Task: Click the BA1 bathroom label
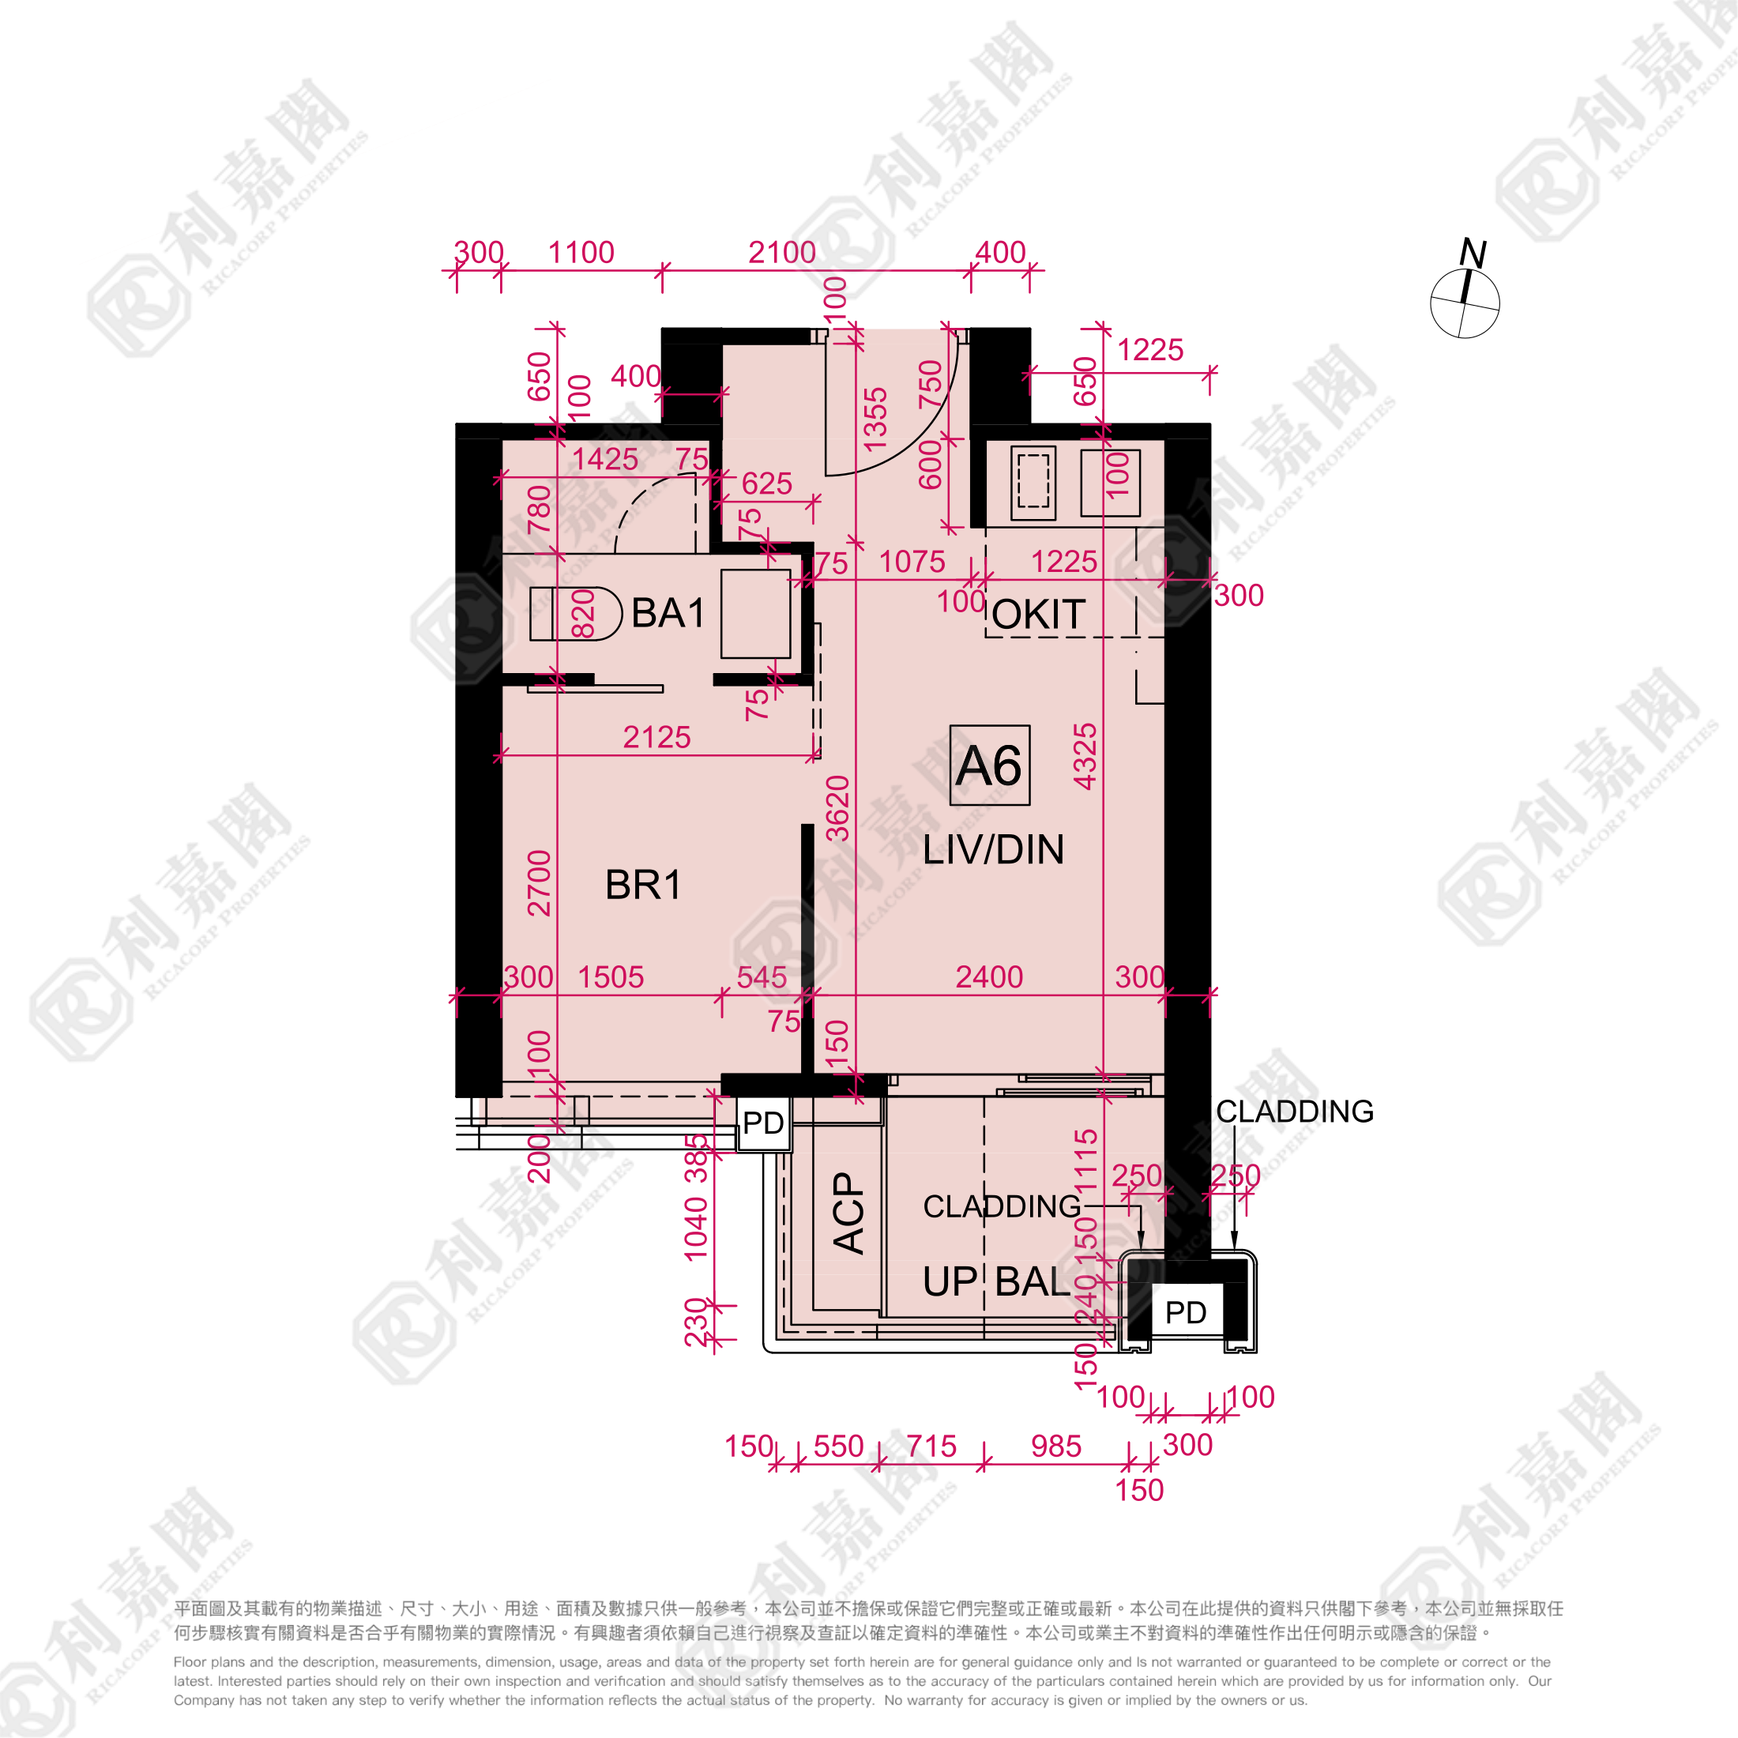coord(668,614)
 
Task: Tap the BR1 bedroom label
coord(642,885)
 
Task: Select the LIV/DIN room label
coord(993,850)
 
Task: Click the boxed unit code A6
coord(990,766)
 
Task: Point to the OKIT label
coord(1039,615)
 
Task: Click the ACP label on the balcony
coord(849,1213)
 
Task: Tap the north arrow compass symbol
coord(1465,299)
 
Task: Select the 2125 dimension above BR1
coord(656,738)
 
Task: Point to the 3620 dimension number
coord(838,808)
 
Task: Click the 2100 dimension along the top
coord(782,253)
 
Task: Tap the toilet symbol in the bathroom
coord(576,614)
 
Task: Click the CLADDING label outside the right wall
coord(1295,1111)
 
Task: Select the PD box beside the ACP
coord(764,1123)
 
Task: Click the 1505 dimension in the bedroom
coord(611,977)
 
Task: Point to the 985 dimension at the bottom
coord(1055,1446)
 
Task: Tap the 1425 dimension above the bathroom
coord(604,460)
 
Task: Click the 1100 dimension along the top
coord(581,253)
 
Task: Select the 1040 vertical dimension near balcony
coord(696,1228)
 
